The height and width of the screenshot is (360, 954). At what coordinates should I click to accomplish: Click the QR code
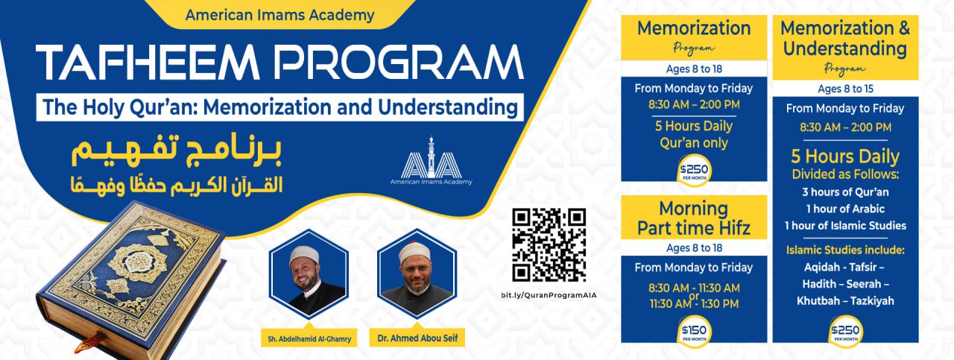coord(549,245)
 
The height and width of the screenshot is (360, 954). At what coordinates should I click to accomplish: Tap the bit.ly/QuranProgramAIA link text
coord(549,295)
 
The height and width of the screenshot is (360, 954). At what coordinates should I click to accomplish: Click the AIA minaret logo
coord(431,160)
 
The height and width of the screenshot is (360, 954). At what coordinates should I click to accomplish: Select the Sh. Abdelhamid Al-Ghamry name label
coord(309,339)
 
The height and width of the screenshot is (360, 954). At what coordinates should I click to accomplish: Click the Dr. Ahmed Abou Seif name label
coord(417,338)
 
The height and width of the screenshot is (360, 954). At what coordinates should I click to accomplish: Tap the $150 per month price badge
coord(694,332)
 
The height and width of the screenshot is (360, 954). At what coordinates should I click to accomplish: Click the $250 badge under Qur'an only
coord(694,171)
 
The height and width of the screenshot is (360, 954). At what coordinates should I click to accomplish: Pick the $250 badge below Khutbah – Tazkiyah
coord(846,332)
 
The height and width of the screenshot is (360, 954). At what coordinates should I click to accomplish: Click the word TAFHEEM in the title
coord(148,62)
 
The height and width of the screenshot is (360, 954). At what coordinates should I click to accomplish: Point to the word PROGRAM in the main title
coord(399,62)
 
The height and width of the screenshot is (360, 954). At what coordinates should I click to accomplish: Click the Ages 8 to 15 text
coord(845,89)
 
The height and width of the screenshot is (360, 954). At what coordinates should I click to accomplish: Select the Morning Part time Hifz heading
coord(694,218)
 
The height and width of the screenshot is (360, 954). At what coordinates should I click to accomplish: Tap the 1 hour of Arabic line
coord(845,209)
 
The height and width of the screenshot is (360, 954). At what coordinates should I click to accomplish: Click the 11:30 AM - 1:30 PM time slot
coord(694,304)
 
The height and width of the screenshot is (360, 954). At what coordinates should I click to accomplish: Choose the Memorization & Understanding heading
coord(845,38)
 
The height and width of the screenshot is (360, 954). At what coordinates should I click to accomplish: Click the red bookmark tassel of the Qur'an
coord(90,343)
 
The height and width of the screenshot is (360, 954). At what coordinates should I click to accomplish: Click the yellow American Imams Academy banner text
coord(279,16)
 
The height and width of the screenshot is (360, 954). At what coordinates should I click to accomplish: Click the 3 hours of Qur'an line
coord(845,192)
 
